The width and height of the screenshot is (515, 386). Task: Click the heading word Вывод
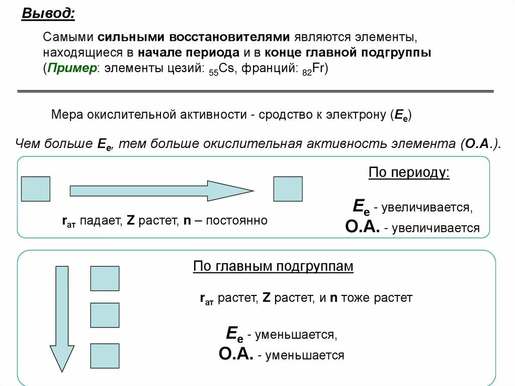(48, 14)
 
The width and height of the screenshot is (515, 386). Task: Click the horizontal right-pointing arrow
(161, 191)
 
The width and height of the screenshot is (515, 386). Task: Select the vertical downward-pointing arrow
(62, 318)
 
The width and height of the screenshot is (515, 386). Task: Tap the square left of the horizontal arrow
(35, 189)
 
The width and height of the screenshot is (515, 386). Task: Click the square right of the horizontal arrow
(288, 189)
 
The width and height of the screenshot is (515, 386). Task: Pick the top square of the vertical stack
(105, 278)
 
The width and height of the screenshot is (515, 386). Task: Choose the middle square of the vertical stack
(105, 316)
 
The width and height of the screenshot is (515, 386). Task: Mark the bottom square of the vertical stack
(105, 355)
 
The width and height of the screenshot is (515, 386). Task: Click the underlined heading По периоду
(409, 173)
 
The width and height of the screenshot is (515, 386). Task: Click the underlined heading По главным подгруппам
(273, 266)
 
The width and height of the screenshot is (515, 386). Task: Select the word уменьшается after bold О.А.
(300, 355)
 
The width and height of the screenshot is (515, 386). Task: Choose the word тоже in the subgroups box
(356, 297)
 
